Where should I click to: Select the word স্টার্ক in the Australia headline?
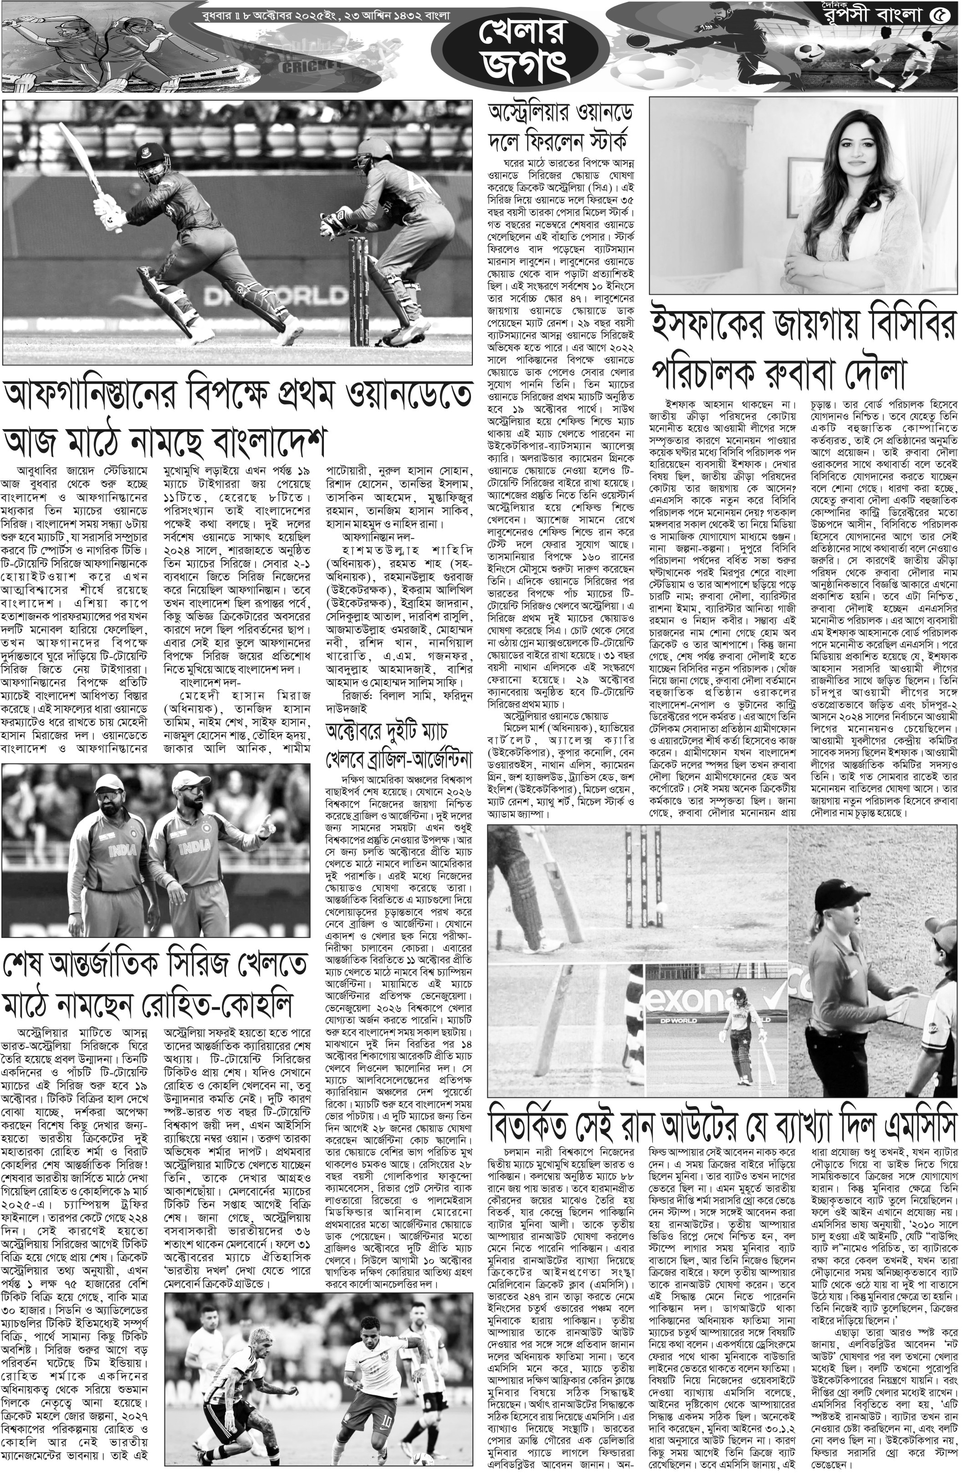point(595,133)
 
